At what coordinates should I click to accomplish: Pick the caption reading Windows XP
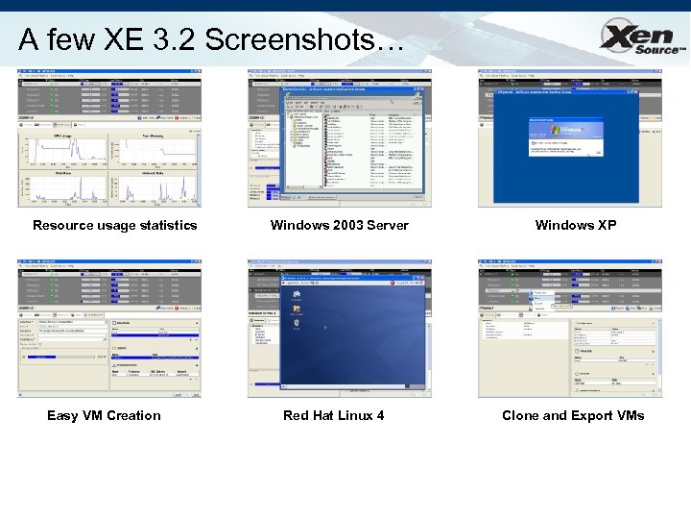pos(576,225)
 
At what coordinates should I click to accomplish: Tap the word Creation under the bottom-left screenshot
pos(133,415)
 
